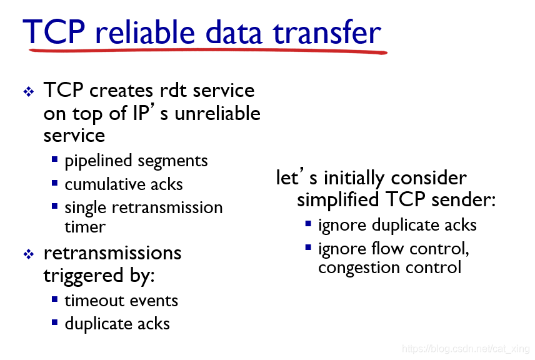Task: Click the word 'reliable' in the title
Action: (x=145, y=32)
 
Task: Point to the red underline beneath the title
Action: (x=208, y=51)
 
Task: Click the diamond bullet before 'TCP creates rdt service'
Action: (x=29, y=91)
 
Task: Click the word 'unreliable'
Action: (x=217, y=113)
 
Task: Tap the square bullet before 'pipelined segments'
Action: (x=54, y=159)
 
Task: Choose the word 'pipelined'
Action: (x=98, y=161)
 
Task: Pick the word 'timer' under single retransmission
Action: (x=85, y=227)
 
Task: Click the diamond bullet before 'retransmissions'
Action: (x=29, y=254)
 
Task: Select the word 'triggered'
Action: (x=83, y=276)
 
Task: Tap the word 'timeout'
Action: (x=94, y=301)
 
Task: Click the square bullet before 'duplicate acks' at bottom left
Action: (x=54, y=322)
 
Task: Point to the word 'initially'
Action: (x=354, y=178)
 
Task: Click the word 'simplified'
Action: (x=337, y=199)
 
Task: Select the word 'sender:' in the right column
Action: (x=463, y=199)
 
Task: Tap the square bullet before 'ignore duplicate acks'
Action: (x=308, y=224)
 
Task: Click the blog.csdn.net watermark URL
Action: (x=466, y=349)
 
